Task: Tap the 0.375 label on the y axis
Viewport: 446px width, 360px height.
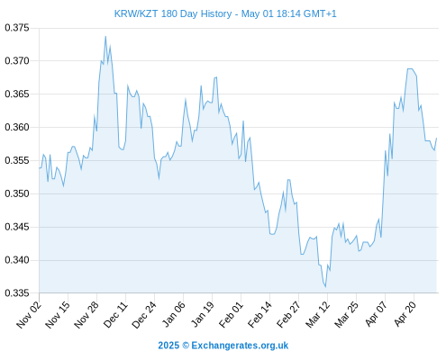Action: (x=17, y=28)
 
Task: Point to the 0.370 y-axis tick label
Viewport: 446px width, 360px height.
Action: (x=17, y=61)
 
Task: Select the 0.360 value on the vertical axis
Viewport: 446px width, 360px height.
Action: (x=17, y=127)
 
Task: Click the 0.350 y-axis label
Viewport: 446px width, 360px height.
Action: (x=17, y=193)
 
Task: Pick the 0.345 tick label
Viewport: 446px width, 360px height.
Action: (x=17, y=227)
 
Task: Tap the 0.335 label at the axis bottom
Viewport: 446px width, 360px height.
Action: (x=17, y=292)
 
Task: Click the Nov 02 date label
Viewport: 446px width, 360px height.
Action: (x=28, y=315)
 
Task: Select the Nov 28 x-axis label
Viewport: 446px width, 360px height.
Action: (x=86, y=315)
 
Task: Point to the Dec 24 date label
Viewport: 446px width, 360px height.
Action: (x=144, y=315)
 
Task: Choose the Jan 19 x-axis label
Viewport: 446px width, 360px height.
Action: (x=203, y=314)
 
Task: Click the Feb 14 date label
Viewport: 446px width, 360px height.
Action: (x=259, y=315)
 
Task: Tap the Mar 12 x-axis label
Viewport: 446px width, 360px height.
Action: (x=317, y=315)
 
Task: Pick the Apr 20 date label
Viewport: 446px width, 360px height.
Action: (x=405, y=314)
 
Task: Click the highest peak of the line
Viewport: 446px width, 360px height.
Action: (x=105, y=36)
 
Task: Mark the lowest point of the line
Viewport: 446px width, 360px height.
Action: (x=325, y=287)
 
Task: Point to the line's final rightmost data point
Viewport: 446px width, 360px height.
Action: (x=436, y=138)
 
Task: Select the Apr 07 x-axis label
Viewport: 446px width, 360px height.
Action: (x=376, y=314)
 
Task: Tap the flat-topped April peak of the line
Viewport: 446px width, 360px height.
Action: (x=410, y=68)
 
